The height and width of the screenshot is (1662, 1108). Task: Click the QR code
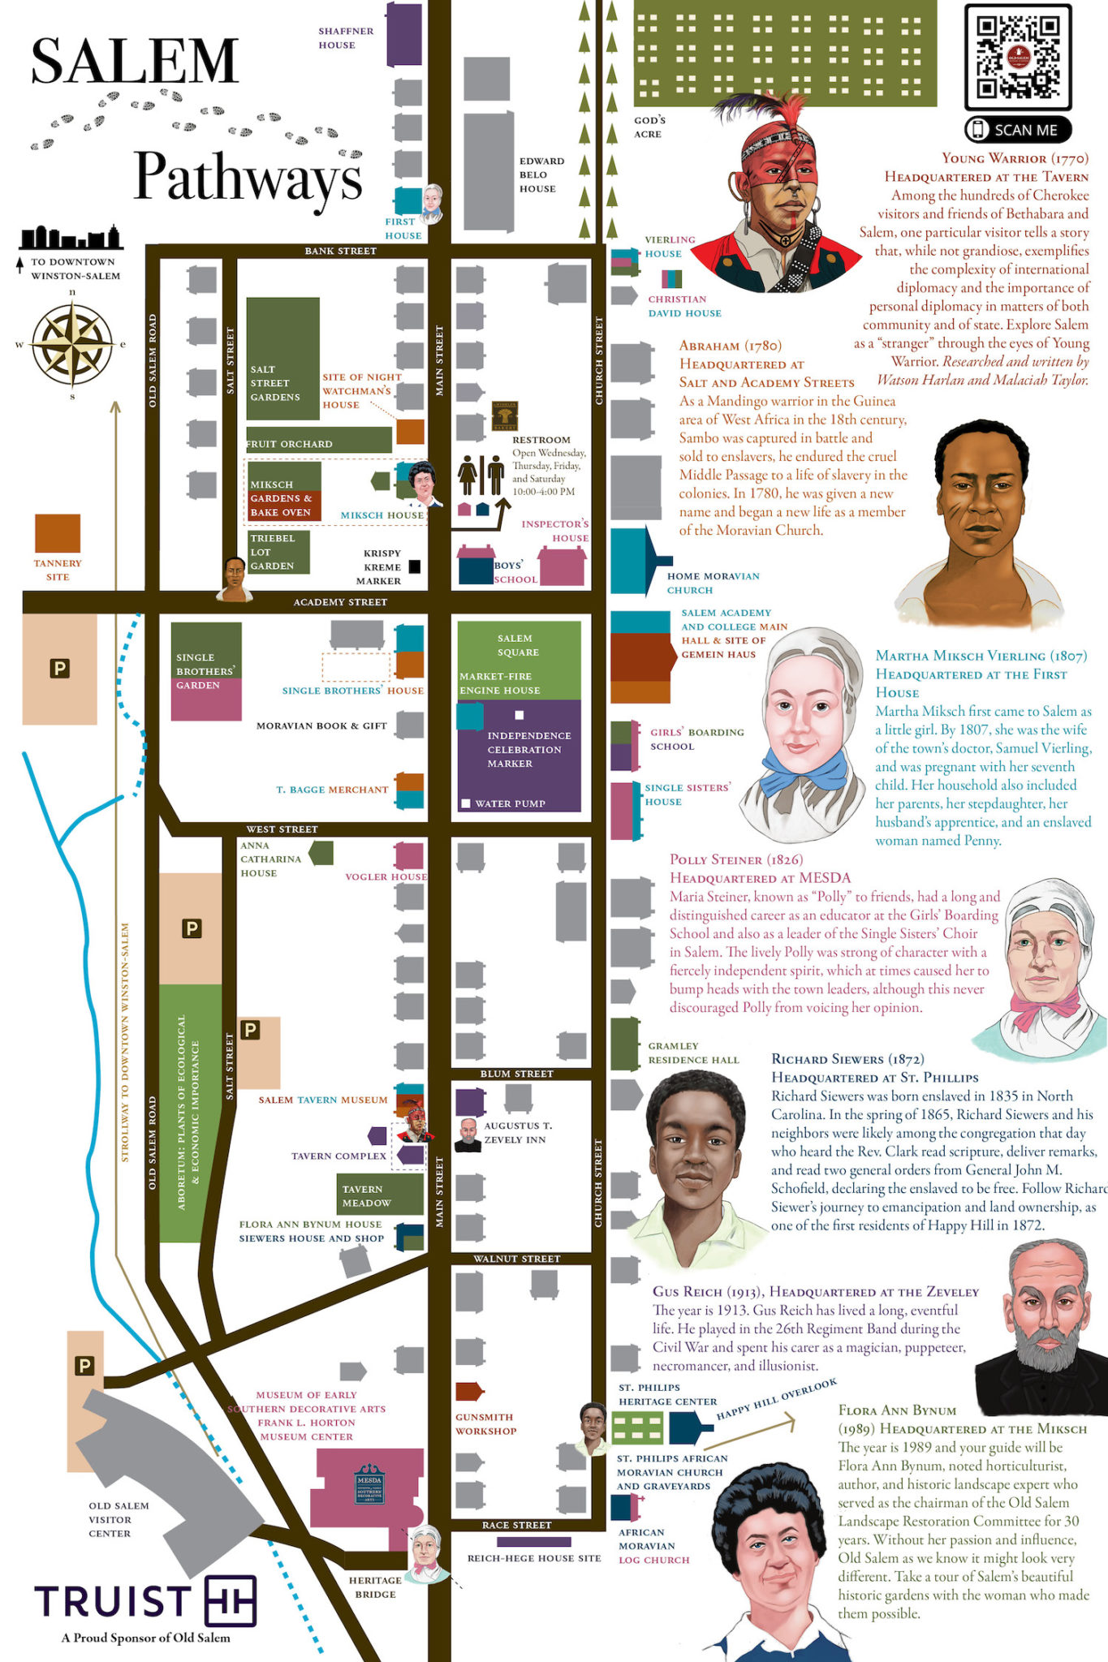point(1017,57)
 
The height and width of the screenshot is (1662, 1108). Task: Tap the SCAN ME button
point(1017,130)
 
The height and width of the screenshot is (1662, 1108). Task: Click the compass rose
point(72,343)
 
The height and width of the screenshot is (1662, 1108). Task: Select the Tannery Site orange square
point(58,533)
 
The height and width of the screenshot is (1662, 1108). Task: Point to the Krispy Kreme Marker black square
point(414,566)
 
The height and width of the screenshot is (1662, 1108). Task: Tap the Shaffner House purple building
point(403,34)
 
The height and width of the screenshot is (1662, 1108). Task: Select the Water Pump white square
point(466,803)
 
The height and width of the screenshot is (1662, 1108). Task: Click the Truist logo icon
point(231,1600)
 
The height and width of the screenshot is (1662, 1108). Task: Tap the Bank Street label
point(340,251)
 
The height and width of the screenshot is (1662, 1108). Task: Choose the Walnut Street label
point(516,1259)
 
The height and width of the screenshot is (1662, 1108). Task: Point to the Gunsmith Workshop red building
point(468,1392)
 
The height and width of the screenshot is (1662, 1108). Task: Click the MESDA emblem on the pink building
point(369,1483)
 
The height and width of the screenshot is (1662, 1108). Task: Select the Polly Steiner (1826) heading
point(735,859)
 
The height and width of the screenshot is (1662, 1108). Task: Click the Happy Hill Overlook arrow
point(755,1432)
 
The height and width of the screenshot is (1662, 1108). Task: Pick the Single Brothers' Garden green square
point(206,649)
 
